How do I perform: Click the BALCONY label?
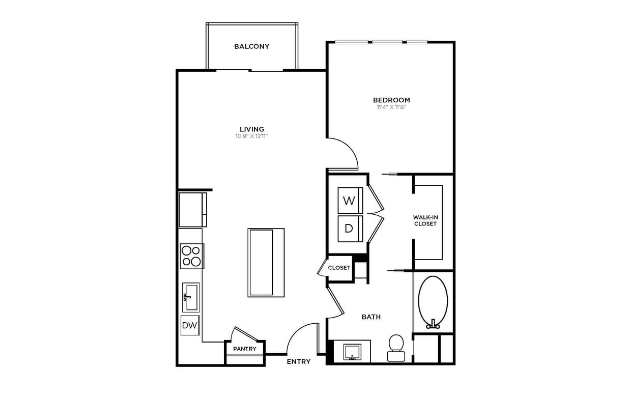[x=251, y=46]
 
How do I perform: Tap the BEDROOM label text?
[x=391, y=100]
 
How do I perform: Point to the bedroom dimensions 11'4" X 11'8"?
[x=391, y=107]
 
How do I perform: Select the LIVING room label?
[x=252, y=129]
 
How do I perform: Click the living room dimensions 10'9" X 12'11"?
[x=252, y=136]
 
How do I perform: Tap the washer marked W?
[x=349, y=201]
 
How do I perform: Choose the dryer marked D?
[x=349, y=229]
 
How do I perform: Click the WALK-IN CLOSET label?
[x=425, y=220]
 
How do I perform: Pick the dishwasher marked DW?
[x=190, y=325]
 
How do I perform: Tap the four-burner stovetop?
[x=192, y=256]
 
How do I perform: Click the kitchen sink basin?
[x=191, y=297]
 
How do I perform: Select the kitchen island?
[x=266, y=262]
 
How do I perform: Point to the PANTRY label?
[x=244, y=349]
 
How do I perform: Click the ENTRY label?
[x=298, y=361]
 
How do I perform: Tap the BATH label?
[x=371, y=317]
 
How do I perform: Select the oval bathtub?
[x=433, y=300]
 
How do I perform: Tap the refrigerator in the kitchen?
[x=192, y=209]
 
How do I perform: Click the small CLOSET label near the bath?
[x=339, y=268]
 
